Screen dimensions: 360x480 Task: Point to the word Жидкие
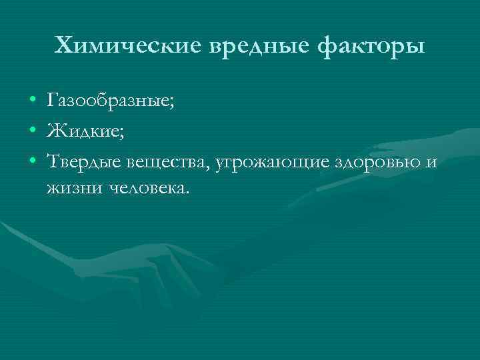click(83, 131)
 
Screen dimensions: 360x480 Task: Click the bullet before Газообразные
click(33, 101)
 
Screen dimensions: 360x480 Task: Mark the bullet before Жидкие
click(33, 131)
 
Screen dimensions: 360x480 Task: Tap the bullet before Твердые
click(33, 161)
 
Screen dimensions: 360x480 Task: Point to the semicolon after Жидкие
click(121, 133)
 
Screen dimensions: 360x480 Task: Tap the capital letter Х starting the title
click(62, 47)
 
